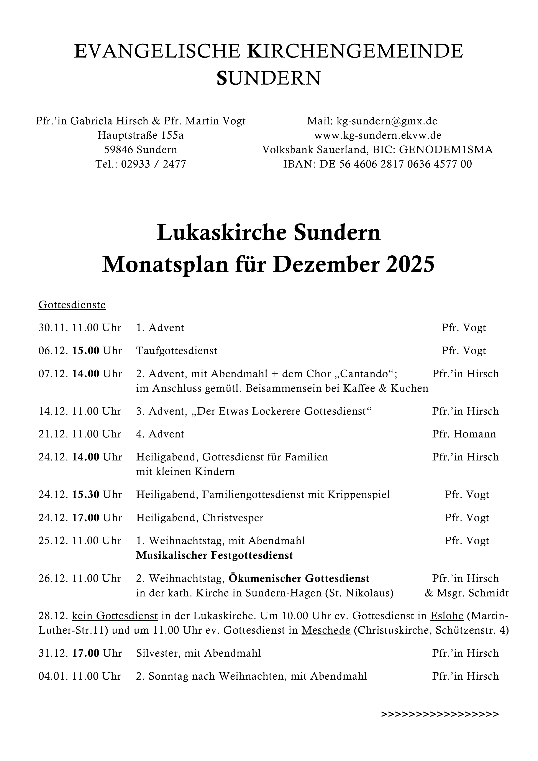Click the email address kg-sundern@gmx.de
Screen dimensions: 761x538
pyautogui.click(x=387, y=121)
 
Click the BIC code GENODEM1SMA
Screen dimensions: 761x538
pyautogui.click(x=446, y=150)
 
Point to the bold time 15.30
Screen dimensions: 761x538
pyautogui.click(x=86, y=495)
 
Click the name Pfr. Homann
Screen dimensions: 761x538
pyautogui.click(x=464, y=434)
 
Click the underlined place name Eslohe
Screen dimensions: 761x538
pyautogui.click(x=447, y=616)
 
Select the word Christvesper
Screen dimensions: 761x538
pyautogui.click(x=233, y=518)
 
